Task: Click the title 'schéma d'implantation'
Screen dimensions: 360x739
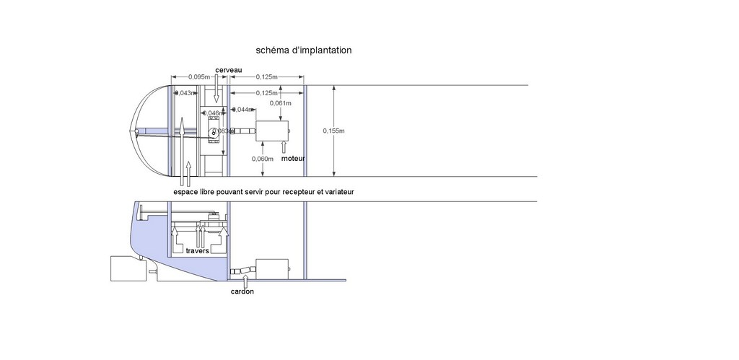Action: [304, 51]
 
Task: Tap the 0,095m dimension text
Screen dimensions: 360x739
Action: [199, 76]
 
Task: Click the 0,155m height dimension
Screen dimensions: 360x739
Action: [333, 131]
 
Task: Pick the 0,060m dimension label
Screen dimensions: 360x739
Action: [263, 159]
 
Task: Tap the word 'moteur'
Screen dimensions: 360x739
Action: [293, 157]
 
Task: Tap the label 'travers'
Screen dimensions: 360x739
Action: [197, 251]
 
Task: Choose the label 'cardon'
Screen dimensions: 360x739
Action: [242, 291]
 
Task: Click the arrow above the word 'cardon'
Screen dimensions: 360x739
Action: [242, 279]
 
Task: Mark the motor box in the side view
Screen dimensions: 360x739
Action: [271, 270]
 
